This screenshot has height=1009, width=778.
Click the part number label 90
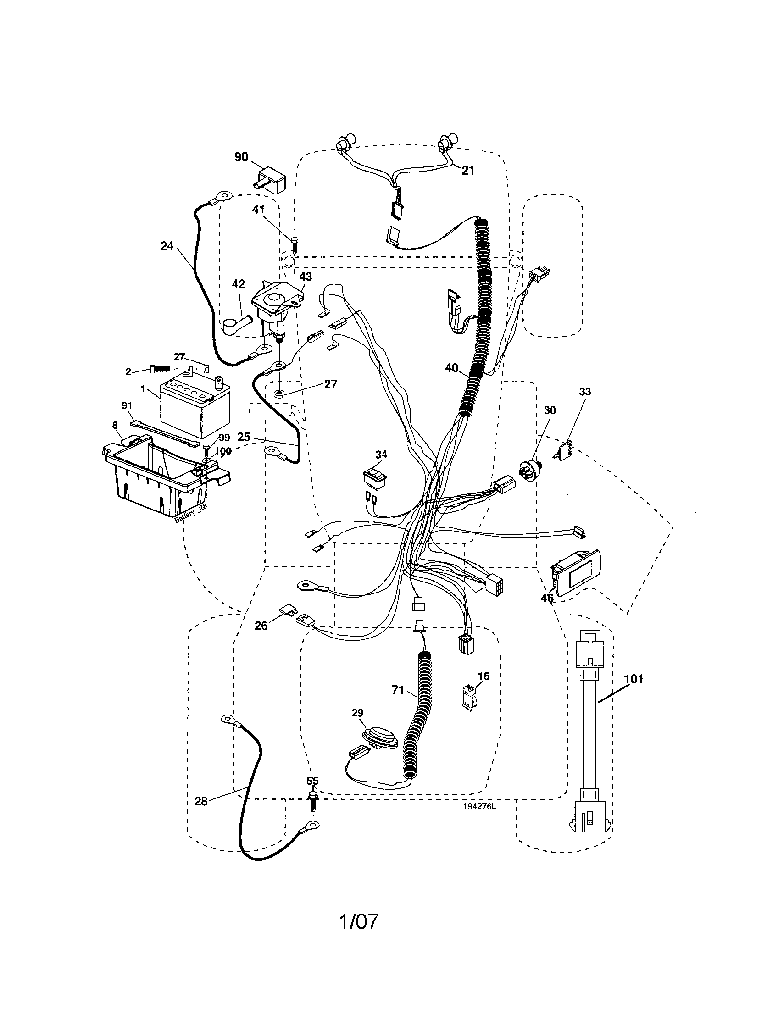coord(241,157)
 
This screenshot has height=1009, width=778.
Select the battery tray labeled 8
coord(157,481)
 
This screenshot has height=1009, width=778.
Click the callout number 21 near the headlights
coord(468,171)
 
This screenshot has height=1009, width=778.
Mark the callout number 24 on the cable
coord(167,246)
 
